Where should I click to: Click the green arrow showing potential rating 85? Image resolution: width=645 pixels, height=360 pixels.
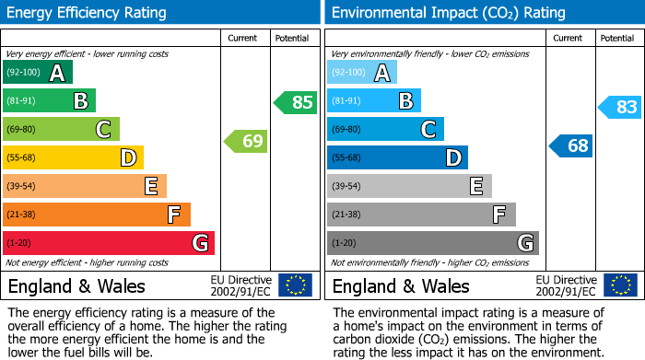coord(296,102)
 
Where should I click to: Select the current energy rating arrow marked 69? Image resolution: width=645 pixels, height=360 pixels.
coord(246,141)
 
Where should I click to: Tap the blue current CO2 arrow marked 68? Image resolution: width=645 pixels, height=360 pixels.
coord(571,145)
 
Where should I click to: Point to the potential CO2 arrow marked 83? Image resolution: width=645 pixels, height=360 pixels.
coord(619,107)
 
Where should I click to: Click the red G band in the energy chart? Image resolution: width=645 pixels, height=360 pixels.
coord(109,243)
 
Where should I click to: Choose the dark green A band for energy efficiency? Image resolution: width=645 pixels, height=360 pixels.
coord(38,73)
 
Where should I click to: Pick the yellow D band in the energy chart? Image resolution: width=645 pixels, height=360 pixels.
coord(73,157)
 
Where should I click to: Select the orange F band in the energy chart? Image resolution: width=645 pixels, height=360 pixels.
coord(97,215)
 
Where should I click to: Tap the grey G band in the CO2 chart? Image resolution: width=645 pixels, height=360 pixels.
coord(432,243)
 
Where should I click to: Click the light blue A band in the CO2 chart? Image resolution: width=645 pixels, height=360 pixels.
coord(362,73)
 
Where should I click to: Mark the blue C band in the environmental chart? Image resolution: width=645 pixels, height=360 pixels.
coord(385,129)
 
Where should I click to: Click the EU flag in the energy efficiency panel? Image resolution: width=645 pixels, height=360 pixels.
coord(295,285)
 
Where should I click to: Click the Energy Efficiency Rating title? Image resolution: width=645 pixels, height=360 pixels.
coord(87,13)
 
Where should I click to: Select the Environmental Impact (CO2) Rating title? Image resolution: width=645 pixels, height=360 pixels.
coord(448,13)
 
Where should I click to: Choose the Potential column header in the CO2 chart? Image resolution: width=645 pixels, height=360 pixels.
coord(617,38)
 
